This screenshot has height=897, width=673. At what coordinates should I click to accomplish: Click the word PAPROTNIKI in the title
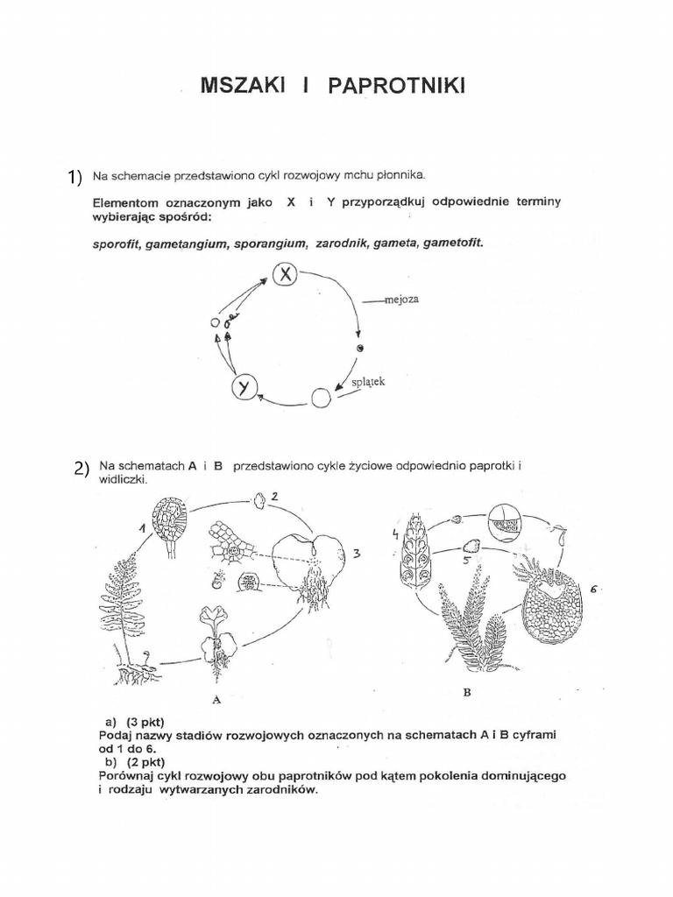click(x=397, y=84)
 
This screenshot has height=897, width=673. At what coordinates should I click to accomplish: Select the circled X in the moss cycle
click(x=286, y=275)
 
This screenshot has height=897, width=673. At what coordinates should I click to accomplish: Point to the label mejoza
click(x=402, y=300)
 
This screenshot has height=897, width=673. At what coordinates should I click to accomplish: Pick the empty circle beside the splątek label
click(x=322, y=398)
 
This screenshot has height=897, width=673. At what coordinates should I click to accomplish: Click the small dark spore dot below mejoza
click(x=359, y=348)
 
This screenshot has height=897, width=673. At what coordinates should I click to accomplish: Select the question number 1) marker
click(x=74, y=177)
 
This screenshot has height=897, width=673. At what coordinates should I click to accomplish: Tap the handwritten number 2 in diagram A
click(x=274, y=496)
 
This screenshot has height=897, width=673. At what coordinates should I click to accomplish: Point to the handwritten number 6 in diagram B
click(x=593, y=590)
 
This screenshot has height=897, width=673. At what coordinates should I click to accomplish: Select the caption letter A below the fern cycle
click(x=216, y=700)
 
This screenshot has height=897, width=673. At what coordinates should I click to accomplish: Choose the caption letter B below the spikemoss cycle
click(x=466, y=693)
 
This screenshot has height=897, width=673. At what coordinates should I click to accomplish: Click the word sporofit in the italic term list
click(x=117, y=244)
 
